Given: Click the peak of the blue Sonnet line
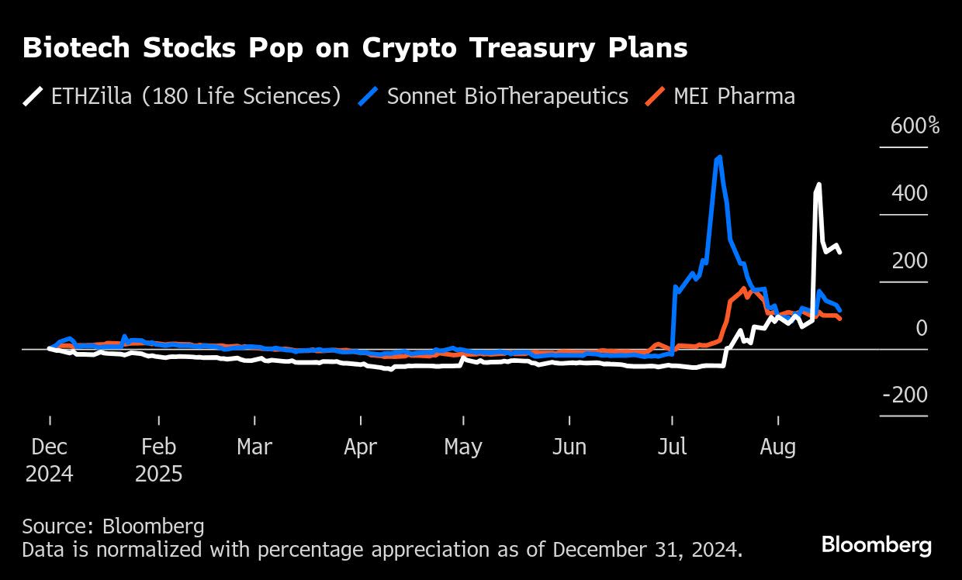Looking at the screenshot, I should tap(719, 157).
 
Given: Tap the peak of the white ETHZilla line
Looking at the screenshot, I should tap(818, 185).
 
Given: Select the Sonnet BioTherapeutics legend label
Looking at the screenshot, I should tap(507, 96).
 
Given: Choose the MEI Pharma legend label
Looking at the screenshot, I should tap(734, 96).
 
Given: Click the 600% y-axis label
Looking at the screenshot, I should tap(914, 126).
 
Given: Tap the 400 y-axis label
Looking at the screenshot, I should tap(909, 193).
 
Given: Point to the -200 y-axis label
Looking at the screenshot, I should tap(905, 395).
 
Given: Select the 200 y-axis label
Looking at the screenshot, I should tap(909, 261).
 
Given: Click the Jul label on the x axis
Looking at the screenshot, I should tap(672, 447).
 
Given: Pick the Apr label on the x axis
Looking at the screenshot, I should tap(361, 447).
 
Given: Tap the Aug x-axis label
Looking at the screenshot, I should tap(777, 447).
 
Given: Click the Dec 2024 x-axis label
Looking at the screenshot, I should tap(50, 460).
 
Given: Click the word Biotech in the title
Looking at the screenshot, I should tap(76, 48).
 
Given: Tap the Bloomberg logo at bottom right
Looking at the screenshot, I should tap(876, 544).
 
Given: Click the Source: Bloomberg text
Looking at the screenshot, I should tap(113, 526).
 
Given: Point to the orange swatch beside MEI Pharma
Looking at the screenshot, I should tap(656, 96).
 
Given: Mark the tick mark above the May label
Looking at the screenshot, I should tap(464, 419).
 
